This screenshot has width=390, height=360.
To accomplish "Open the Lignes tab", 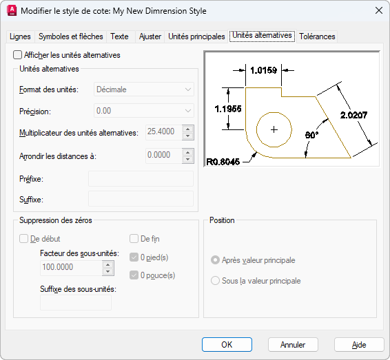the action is coord(20,36).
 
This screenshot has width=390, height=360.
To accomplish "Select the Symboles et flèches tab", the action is coord(71,36).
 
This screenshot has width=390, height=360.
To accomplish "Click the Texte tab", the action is coord(119,36).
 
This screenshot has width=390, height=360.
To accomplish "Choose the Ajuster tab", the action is coord(150,36).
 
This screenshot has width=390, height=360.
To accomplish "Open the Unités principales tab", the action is coord(196,36).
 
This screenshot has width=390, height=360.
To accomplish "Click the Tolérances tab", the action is coord(317,36).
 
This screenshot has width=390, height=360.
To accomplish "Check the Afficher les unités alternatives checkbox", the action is coord(17,55).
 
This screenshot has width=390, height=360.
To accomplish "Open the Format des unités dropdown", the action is coord(144,89).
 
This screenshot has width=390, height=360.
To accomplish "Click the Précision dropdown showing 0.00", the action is coord(144,111).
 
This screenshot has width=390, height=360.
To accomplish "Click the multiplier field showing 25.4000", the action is coord(164,131).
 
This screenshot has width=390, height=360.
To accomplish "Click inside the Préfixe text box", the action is coord(141,179).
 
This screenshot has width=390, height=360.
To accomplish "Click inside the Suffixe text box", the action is coord(141,199).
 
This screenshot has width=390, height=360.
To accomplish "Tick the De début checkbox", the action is coord(23,239).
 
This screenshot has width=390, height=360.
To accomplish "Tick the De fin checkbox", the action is coord(134,239).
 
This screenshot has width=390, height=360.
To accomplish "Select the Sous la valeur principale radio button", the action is coord(215,281).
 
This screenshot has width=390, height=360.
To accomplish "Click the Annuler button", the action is coord(293,345).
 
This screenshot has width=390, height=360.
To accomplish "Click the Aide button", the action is coord(359,345).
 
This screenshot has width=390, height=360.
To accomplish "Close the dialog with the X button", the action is coord(379,11).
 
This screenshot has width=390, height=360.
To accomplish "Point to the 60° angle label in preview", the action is coord(311,135).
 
